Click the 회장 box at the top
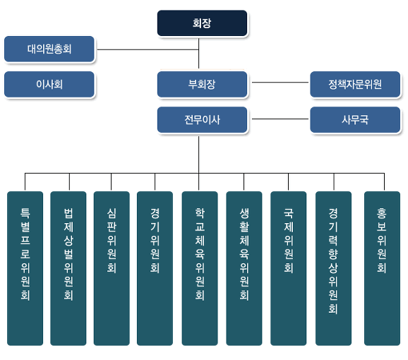(202, 23)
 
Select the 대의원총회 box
(49, 49)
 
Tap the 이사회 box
(49, 84)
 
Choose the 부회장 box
(202, 84)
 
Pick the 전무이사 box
(202, 120)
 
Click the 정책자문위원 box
(355, 84)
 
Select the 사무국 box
(355, 120)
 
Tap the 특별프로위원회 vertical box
(25, 268)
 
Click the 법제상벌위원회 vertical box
(68, 268)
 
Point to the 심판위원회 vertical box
(112, 268)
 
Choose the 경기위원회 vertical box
(155, 268)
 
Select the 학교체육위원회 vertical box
(200, 268)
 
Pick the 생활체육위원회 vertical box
(244, 268)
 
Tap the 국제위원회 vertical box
(288, 268)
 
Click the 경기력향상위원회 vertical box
(333, 268)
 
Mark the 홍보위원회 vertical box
(382, 268)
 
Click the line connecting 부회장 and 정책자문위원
(280, 83)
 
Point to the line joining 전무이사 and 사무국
(280, 119)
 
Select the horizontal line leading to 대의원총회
(148, 49)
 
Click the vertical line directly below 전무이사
(199, 155)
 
